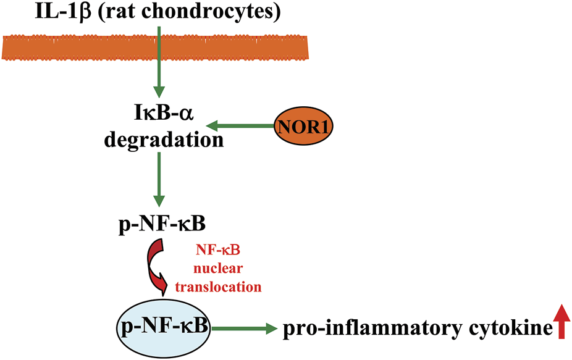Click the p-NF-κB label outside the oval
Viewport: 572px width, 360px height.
point(162,224)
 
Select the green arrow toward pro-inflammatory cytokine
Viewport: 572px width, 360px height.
point(243,330)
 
